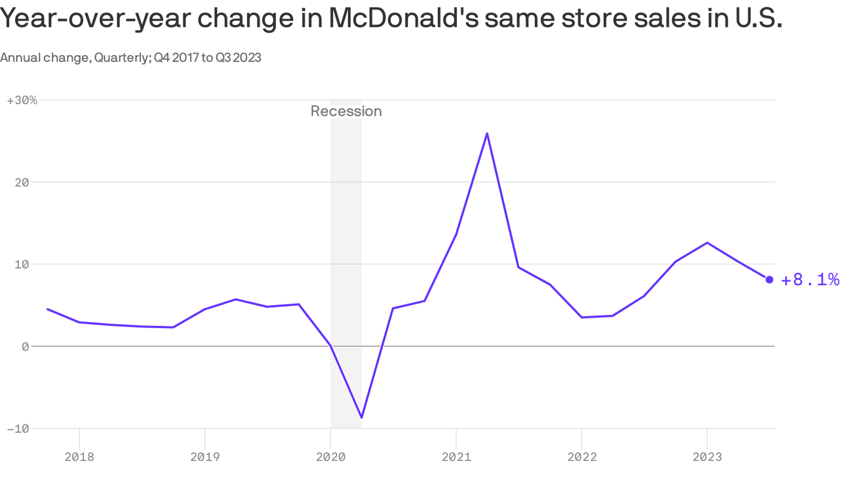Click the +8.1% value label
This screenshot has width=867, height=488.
[810, 280]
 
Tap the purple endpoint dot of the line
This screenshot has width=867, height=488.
[769, 280]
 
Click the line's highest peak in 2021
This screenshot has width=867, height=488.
[487, 133]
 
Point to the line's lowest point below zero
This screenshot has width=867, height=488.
[361, 417]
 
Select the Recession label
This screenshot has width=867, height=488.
[346, 111]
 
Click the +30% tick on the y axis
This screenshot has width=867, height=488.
[22, 100]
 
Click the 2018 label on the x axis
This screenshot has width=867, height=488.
[79, 456]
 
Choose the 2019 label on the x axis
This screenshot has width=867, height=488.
[204, 456]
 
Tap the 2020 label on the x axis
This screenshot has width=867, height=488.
[330, 456]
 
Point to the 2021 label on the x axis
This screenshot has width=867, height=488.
[456, 456]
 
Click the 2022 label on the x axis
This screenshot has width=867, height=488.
[581, 456]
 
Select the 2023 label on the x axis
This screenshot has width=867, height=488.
[707, 456]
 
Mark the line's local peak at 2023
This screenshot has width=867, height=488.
[707, 243]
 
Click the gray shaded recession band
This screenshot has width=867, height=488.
[346, 254]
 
